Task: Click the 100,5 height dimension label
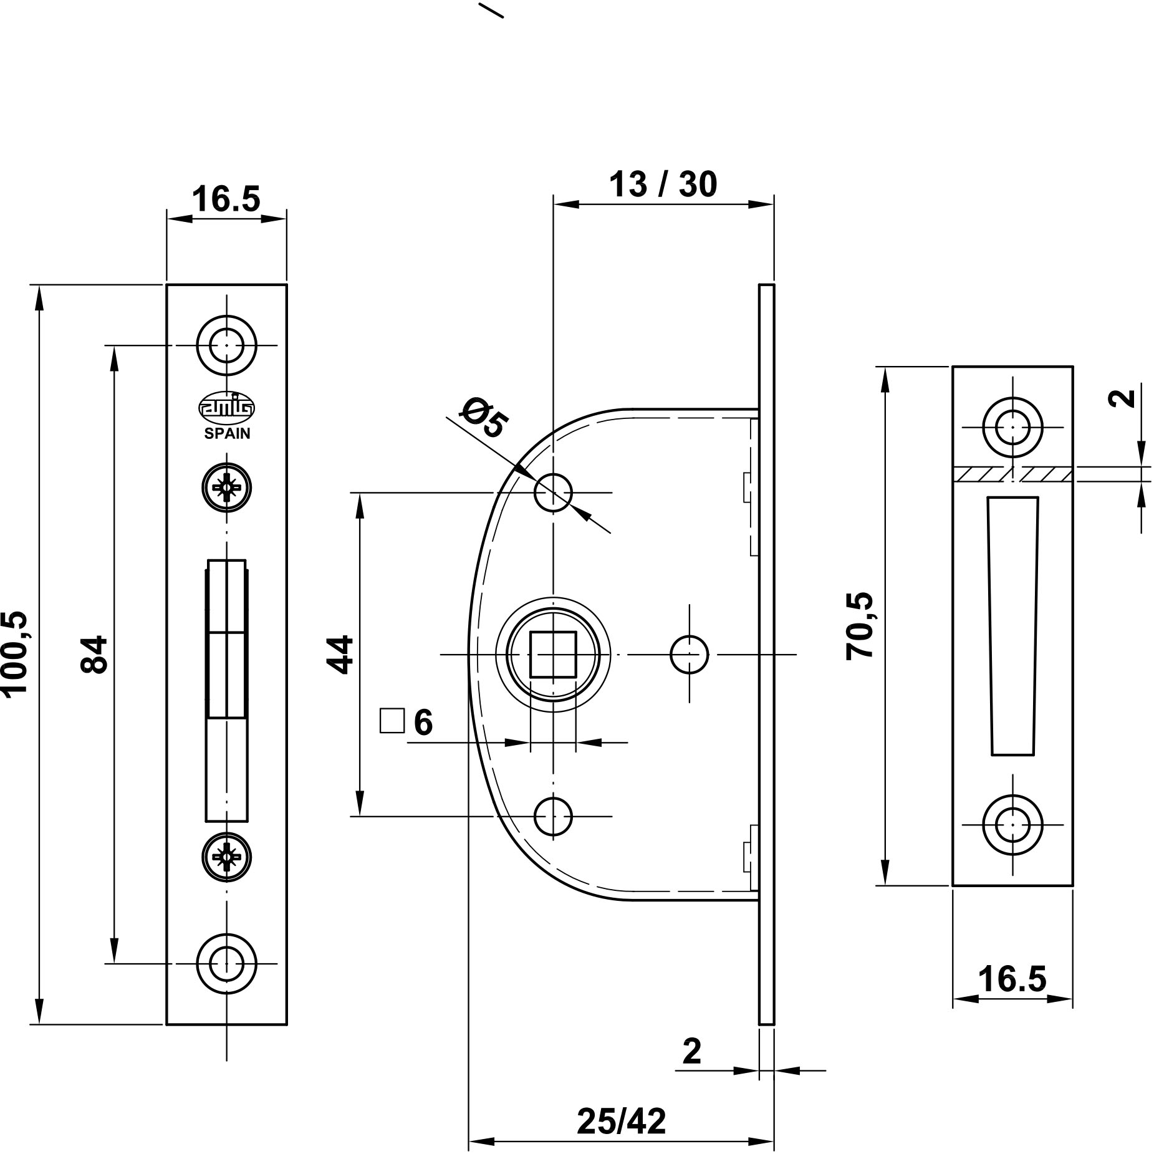click(16, 652)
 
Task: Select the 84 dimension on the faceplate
click(95, 654)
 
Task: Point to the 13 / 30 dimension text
click(663, 185)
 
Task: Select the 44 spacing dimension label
click(341, 655)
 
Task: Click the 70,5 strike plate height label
click(860, 626)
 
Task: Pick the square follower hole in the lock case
click(552, 654)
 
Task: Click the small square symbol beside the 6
click(392, 721)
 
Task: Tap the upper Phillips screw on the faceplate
click(226, 487)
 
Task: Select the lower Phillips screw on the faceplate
click(226, 857)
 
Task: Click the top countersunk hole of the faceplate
click(226, 345)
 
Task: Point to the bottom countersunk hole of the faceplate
click(226, 964)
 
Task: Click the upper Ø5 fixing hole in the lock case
click(553, 492)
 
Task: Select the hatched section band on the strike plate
click(1012, 474)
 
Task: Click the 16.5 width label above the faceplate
click(226, 200)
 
